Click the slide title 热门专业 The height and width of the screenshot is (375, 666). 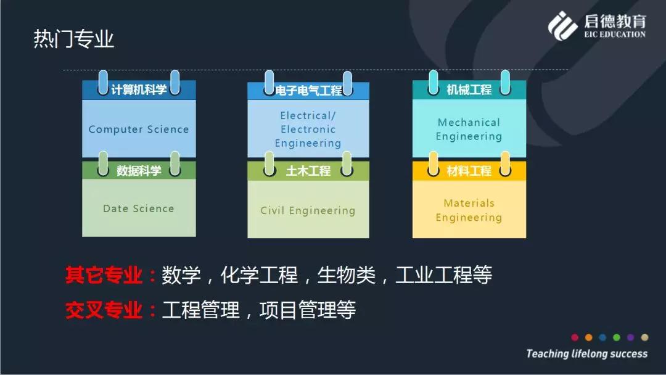click(74, 39)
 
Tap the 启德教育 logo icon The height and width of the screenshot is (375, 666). click(562, 26)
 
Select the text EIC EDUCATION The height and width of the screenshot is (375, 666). click(615, 35)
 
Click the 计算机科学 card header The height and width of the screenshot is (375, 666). click(139, 89)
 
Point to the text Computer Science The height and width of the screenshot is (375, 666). click(139, 129)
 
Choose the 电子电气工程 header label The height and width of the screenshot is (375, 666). click(308, 91)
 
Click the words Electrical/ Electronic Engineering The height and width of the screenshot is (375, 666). click(308, 129)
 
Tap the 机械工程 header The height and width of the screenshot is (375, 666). click(469, 89)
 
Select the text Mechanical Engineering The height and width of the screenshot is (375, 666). click(469, 129)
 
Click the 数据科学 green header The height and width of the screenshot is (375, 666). click(139, 170)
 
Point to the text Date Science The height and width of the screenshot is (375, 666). click(139, 208)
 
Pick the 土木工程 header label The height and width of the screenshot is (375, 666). click(308, 171)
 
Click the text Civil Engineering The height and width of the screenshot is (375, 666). click(308, 211)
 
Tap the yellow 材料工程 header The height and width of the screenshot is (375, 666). click(469, 171)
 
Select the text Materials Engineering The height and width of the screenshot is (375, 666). click(469, 210)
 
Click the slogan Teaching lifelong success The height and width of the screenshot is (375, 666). click(587, 353)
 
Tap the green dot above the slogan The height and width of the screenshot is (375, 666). click(616, 337)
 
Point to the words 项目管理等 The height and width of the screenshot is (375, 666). click(308, 310)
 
